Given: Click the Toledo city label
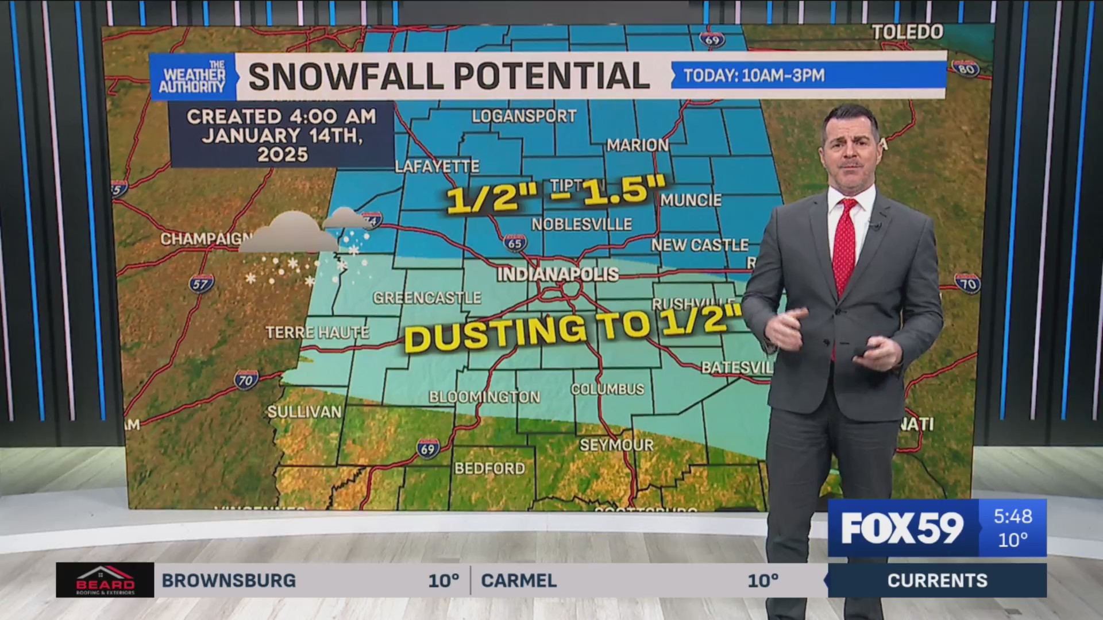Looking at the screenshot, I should click(907, 32).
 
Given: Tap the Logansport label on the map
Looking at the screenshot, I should click(524, 117).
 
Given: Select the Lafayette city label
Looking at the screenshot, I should click(437, 166).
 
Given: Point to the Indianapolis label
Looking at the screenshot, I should click(557, 274).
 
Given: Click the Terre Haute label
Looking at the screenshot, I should click(317, 332).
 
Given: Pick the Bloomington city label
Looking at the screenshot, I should click(484, 397).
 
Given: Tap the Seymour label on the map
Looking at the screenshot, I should click(616, 445).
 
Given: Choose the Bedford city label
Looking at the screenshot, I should click(489, 468).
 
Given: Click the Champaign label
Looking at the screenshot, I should click(206, 238).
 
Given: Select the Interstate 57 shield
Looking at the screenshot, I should click(201, 283).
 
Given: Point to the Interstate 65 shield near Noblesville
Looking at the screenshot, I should click(515, 243).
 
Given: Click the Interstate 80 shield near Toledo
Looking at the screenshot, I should click(965, 68).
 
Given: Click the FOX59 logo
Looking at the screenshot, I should click(902, 528).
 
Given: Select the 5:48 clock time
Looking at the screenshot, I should click(1013, 516).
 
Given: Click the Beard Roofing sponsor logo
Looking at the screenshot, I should click(105, 580).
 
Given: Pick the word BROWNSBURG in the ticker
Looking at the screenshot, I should click(229, 580).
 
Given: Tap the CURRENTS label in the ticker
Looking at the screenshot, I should click(937, 580).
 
